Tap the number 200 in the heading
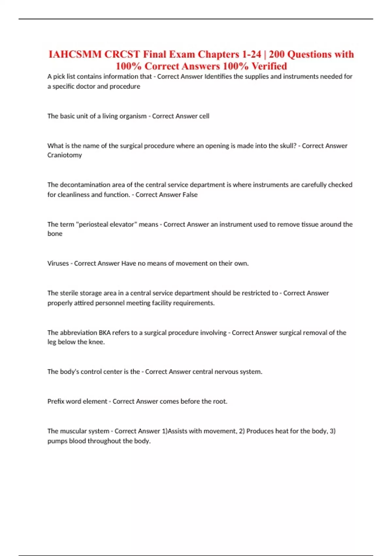277,54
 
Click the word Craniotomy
65,155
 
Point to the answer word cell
204,116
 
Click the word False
190,195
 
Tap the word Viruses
58,264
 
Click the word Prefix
56,401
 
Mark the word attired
84,303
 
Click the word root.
220,401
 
